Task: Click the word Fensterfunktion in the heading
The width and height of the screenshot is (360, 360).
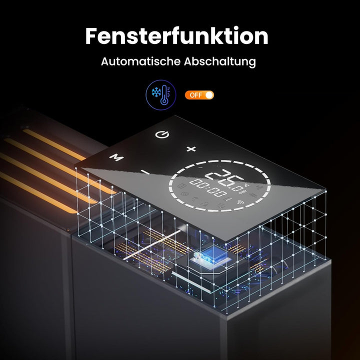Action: coord(176,36)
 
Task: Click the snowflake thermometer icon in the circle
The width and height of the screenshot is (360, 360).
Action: coord(161,94)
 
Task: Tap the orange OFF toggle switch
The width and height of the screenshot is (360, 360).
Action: coord(199,94)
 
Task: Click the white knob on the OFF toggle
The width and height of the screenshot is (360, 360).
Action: coord(208,94)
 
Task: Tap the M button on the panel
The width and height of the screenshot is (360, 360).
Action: coord(116,157)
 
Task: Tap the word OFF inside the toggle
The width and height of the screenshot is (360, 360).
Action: coord(195,94)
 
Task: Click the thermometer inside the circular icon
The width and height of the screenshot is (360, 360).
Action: coord(165,95)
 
